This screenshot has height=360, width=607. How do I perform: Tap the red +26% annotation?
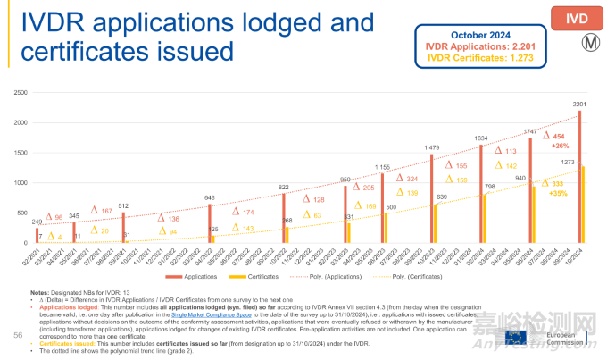(x=560, y=146)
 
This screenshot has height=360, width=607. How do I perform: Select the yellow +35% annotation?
(x=560, y=192)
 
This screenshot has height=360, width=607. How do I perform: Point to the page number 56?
(x=19, y=334)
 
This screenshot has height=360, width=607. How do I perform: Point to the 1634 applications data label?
(x=481, y=138)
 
